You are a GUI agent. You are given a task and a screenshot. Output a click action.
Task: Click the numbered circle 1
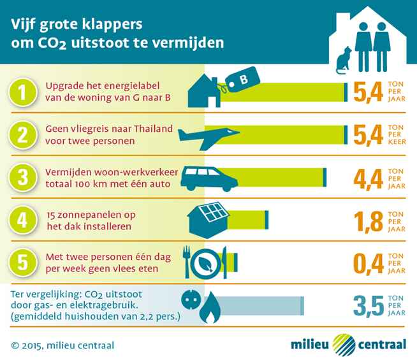point(22,93)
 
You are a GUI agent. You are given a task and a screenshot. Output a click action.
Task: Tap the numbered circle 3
point(22,178)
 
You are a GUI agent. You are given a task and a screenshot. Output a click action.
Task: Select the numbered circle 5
point(22,262)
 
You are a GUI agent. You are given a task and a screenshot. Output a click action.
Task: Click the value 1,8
point(368,221)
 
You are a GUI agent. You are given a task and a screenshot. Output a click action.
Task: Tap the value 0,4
point(368,263)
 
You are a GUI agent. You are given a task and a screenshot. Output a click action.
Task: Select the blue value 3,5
point(368,305)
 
